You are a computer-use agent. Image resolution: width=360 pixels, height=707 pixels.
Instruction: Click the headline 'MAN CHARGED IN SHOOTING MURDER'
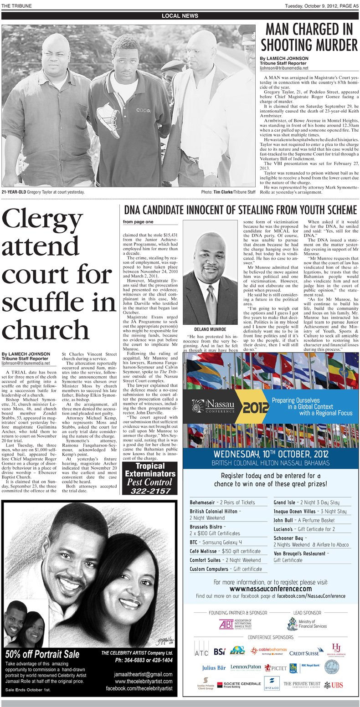[x=309, y=37]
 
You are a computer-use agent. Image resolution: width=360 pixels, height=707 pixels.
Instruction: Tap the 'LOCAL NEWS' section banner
[x=180, y=16]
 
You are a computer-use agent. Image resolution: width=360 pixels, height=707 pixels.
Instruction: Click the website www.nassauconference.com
[x=270, y=589]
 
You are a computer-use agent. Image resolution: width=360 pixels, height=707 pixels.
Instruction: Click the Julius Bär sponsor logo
[x=214, y=668]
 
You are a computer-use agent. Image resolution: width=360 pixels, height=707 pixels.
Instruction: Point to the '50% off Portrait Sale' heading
[x=42, y=654]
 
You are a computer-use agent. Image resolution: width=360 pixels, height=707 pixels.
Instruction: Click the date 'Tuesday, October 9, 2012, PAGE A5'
[x=322, y=5]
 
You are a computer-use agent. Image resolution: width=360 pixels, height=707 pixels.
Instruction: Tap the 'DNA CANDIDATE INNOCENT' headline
[x=240, y=210]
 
